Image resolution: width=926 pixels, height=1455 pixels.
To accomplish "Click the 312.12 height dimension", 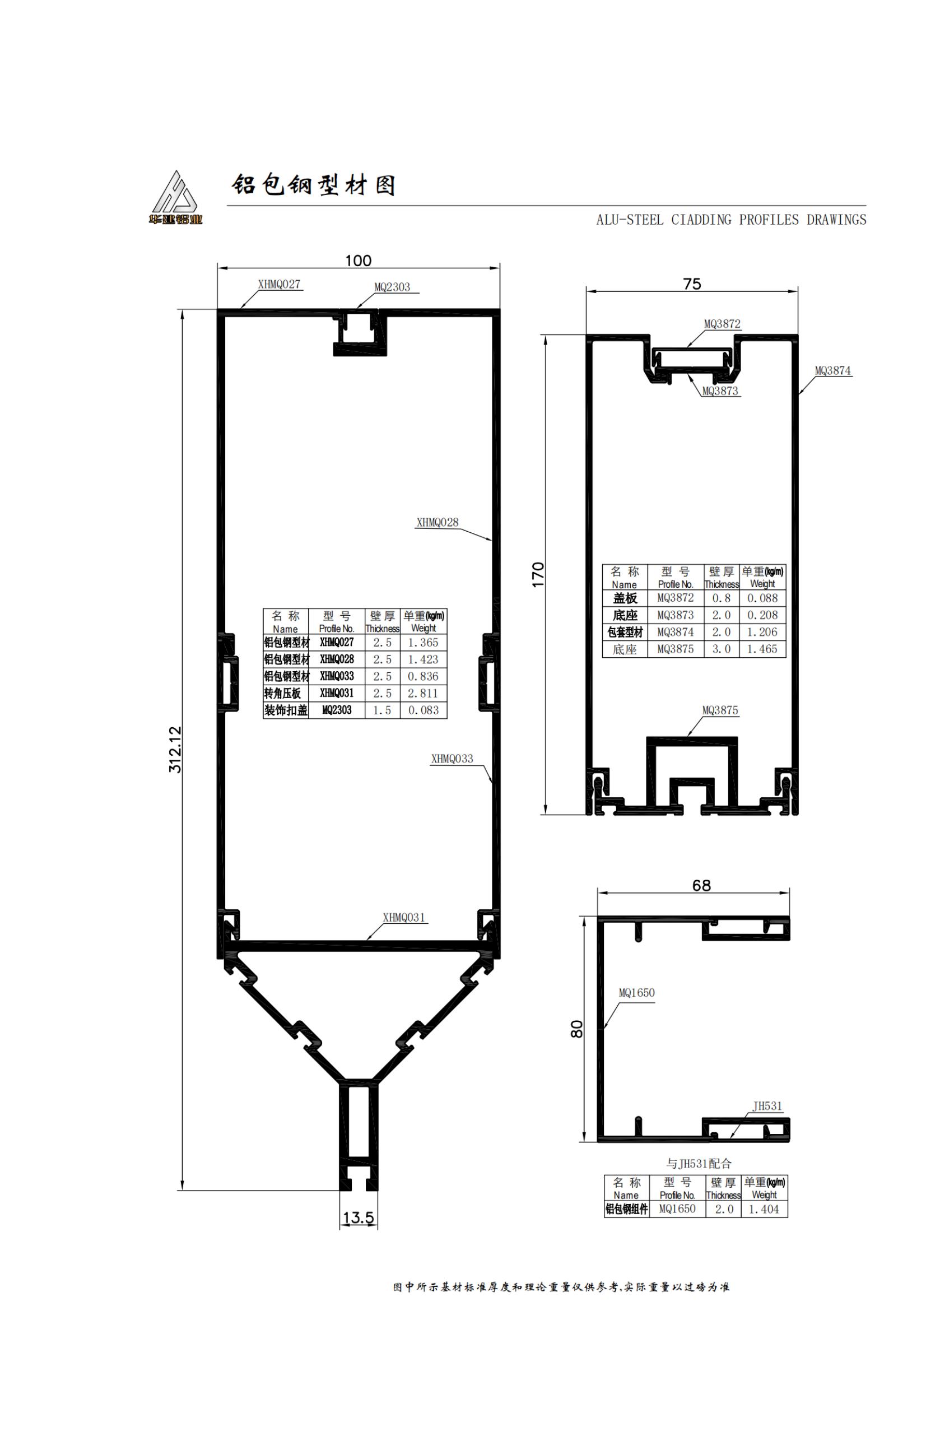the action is click(x=175, y=749).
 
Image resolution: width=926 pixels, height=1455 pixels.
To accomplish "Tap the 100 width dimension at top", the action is click(x=358, y=261).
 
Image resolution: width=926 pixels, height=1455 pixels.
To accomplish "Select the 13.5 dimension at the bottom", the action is click(x=358, y=1217).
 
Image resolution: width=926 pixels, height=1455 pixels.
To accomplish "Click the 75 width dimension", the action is click(x=692, y=283).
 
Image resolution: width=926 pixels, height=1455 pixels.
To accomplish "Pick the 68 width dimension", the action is click(x=701, y=885).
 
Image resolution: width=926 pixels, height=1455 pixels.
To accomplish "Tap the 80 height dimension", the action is click(x=577, y=1029).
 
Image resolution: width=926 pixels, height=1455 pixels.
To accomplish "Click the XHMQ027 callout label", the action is click(x=279, y=284).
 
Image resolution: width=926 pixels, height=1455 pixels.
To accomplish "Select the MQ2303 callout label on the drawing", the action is click(x=392, y=287).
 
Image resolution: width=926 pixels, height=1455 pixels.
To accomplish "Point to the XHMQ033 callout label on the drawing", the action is click(x=452, y=759).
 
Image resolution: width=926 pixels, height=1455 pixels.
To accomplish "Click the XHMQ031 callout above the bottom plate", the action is click(x=403, y=917).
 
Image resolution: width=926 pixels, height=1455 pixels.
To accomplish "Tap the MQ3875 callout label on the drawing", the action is click(x=720, y=710).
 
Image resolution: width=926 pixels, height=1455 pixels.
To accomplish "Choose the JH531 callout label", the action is click(x=767, y=1106).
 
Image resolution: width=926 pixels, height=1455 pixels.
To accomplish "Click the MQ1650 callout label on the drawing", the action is click(x=637, y=992).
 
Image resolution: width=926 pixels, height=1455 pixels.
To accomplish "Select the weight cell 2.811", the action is click(x=423, y=693).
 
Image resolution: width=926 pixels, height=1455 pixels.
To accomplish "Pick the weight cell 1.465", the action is click(x=762, y=649).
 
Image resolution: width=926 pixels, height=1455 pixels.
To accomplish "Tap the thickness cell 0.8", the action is click(x=721, y=598).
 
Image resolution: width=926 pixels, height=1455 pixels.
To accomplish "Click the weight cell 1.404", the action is click(x=764, y=1209).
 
